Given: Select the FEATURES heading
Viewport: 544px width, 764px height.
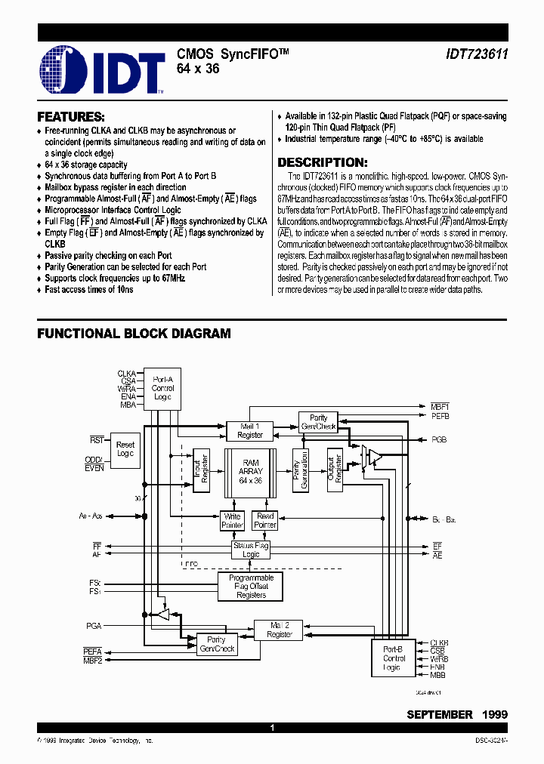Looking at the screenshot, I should [x=71, y=117].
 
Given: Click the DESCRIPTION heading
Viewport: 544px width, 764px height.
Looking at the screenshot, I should [x=323, y=162].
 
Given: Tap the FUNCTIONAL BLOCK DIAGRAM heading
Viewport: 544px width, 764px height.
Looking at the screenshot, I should [x=134, y=333].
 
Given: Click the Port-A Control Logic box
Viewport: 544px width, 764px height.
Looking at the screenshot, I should [x=163, y=388].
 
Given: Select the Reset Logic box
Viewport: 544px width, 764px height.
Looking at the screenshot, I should [x=125, y=449].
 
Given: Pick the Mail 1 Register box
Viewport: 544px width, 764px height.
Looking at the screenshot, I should [x=250, y=430].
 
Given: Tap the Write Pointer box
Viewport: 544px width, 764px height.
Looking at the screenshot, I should [x=232, y=520].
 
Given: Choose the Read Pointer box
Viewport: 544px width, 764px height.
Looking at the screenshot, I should [x=266, y=520].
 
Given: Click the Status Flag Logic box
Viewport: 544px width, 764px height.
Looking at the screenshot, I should [x=251, y=550].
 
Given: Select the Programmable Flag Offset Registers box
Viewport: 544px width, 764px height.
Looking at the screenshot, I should [x=251, y=586].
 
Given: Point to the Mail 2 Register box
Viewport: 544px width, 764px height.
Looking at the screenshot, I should [x=279, y=630].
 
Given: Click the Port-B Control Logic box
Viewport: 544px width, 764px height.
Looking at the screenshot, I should [x=394, y=658].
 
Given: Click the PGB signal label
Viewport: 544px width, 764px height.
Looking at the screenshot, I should [x=439, y=439].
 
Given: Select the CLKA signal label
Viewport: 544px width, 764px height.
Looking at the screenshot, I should [x=126, y=373].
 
